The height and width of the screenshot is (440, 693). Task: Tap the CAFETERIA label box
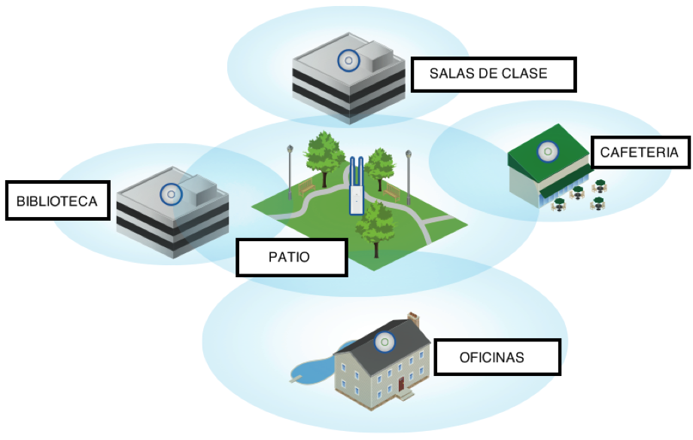click(x=639, y=153)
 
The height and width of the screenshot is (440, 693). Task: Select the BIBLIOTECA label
click(x=56, y=201)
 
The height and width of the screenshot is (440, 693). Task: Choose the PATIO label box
click(x=290, y=258)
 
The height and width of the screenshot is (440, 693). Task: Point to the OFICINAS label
click(x=496, y=357)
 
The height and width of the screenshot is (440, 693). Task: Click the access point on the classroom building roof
click(x=347, y=60)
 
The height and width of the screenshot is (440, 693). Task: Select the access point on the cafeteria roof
click(x=547, y=151)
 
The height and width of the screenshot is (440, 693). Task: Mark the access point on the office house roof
click(x=384, y=343)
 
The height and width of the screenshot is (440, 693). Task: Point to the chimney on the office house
click(x=413, y=319)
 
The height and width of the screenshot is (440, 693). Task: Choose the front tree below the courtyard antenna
click(x=375, y=222)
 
